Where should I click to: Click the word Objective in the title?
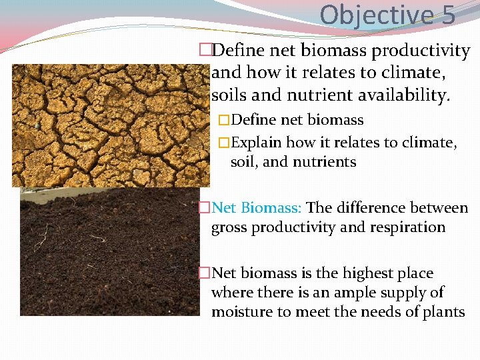coord(376,14)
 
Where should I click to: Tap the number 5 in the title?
coord(448,14)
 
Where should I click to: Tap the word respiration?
coord(406,227)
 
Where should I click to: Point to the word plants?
coord(443,312)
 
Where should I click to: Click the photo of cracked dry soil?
coord(110,125)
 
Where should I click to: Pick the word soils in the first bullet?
coord(230,96)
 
